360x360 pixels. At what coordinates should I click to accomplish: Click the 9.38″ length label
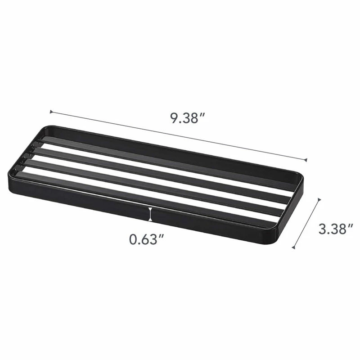click(187, 118)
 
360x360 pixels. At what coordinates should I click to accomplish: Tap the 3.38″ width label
click(335, 229)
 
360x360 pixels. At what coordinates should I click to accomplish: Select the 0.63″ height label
click(147, 239)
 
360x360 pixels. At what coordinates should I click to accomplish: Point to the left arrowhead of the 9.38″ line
click(51, 112)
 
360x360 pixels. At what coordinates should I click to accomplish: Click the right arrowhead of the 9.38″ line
click(306, 160)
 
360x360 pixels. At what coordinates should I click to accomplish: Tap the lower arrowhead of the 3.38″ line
click(293, 247)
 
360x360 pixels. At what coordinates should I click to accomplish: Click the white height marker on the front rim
click(150, 214)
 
